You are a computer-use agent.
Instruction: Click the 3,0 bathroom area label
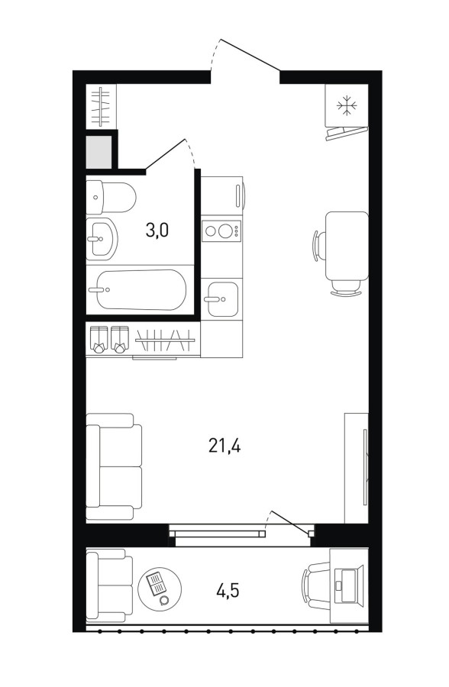(x=157, y=230)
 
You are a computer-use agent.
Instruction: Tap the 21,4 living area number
(x=224, y=446)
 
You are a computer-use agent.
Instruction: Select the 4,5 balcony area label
(x=227, y=591)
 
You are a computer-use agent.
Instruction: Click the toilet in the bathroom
(x=111, y=197)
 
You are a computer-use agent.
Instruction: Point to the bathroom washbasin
(x=102, y=239)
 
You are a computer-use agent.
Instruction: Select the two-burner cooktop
(x=221, y=231)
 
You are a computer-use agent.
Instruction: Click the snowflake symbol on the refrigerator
(x=347, y=105)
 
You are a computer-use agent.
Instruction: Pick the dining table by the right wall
(x=347, y=246)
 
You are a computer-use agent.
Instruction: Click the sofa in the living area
(x=114, y=467)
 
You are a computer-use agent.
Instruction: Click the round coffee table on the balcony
(x=160, y=587)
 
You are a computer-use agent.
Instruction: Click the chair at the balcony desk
(x=315, y=585)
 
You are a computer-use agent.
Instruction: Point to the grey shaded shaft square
(x=99, y=152)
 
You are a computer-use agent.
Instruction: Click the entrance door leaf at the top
(x=250, y=55)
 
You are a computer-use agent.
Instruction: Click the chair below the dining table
(x=346, y=288)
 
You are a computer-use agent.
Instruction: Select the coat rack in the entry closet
(x=102, y=106)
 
